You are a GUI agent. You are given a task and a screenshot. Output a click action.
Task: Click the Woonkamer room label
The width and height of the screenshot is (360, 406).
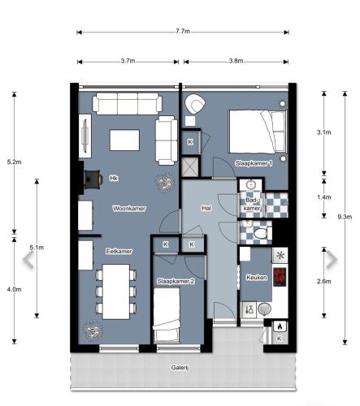(x=130, y=209)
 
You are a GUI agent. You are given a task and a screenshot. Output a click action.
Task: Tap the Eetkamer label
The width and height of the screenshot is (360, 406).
(x=119, y=253)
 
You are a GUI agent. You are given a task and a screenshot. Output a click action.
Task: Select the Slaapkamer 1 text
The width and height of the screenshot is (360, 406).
(x=254, y=163)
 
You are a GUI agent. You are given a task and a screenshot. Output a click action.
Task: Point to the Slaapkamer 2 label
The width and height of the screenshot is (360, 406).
(x=176, y=281)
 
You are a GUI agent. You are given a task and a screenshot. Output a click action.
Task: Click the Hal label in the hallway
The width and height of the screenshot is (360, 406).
(x=206, y=208)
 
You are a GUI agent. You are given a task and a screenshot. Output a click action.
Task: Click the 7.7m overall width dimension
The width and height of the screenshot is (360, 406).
(x=182, y=32)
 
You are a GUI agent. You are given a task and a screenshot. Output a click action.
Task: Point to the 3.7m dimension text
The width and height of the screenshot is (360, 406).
(x=127, y=62)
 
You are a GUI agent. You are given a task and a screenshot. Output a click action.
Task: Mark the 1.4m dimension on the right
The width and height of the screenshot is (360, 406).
(x=324, y=197)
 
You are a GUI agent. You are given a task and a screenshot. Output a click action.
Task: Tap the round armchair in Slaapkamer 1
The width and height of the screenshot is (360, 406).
(x=196, y=106)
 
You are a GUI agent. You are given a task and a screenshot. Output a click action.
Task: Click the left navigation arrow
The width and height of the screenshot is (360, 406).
(x=28, y=260)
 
